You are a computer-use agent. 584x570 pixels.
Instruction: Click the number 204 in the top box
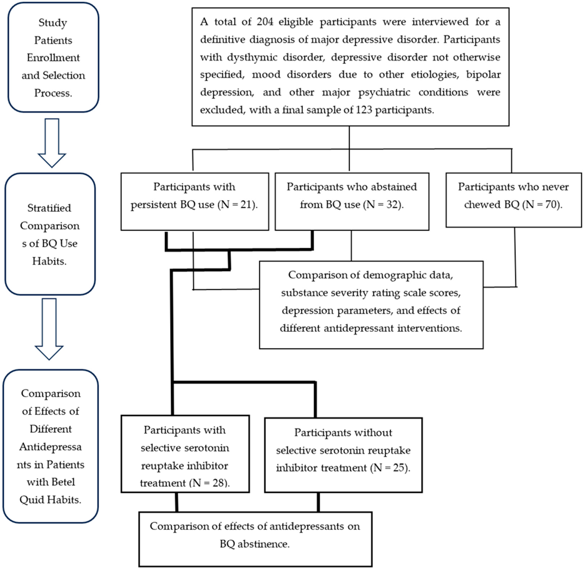[265, 22]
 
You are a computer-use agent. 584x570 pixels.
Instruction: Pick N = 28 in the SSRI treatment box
[209, 483]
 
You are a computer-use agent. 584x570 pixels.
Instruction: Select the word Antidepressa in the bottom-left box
[50, 447]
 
